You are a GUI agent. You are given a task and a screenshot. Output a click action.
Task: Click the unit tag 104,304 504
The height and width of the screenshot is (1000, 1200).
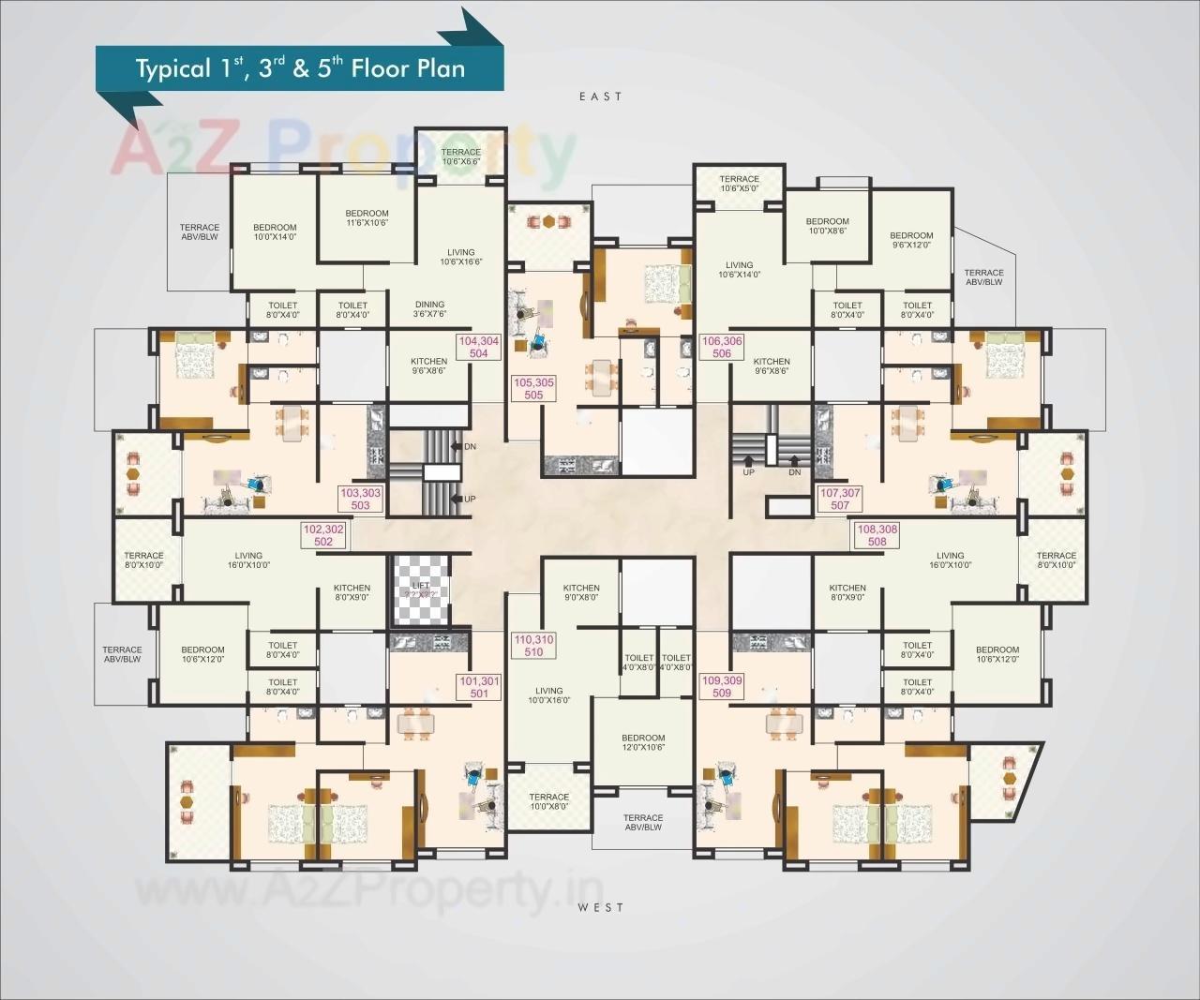coord(478,348)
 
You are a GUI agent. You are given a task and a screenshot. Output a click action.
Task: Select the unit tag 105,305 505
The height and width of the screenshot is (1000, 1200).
coord(533,389)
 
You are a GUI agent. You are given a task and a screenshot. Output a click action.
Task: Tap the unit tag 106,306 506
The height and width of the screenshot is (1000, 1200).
coord(722,348)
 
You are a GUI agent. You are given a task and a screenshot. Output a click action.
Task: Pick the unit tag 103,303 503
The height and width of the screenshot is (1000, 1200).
coord(361,499)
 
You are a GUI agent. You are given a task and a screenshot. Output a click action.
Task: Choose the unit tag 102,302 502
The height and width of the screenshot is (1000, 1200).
coord(323,535)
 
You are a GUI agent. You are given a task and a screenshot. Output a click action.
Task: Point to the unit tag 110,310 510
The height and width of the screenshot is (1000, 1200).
coord(533,646)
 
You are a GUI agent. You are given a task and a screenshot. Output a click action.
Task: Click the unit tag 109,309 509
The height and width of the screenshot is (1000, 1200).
coord(722,686)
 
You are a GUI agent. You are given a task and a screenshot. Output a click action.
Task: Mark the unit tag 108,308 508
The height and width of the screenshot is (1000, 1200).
coord(877,535)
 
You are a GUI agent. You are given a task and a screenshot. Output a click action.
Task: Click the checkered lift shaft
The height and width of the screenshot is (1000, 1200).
coord(422,590)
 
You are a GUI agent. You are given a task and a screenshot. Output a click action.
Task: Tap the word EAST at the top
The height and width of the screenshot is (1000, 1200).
coord(600,97)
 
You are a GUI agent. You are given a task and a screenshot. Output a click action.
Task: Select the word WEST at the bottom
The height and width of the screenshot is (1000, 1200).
coord(600,907)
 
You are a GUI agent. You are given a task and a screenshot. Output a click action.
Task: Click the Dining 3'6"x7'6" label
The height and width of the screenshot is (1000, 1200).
coord(430,309)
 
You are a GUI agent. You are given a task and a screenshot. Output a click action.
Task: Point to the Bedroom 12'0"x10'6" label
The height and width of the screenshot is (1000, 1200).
coord(643,742)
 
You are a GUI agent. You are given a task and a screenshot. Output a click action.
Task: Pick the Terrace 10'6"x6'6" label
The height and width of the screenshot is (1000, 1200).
coord(461,157)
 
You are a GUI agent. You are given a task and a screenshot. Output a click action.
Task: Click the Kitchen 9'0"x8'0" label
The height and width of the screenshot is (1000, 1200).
coord(581,592)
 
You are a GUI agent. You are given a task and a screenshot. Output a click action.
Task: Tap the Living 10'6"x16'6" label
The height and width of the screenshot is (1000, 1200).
coord(461,257)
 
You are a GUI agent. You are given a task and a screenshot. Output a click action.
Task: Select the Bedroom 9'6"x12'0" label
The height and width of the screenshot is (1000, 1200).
coord(911,240)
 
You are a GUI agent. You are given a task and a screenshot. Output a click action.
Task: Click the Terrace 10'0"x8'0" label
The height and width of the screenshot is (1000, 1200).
coord(548,801)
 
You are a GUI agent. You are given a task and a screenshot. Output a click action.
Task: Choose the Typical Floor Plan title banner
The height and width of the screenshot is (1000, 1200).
coord(300,68)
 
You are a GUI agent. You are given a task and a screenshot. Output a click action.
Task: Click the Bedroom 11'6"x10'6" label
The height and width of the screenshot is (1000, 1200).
coord(367,218)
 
